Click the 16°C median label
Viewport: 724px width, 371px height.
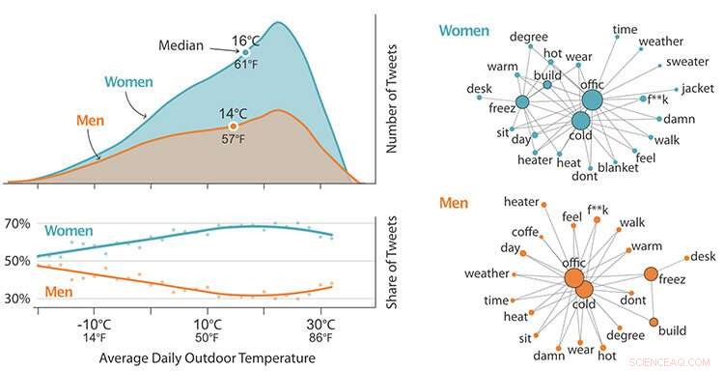coord(245,42)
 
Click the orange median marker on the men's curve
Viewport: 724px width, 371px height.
coord(232,127)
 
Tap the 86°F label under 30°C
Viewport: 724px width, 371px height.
coord(320,339)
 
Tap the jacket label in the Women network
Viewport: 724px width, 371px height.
coord(696,88)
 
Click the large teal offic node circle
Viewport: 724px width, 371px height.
coord(592,100)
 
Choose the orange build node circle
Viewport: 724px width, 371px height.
coord(654,322)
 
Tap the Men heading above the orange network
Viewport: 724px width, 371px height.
coord(454,204)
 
